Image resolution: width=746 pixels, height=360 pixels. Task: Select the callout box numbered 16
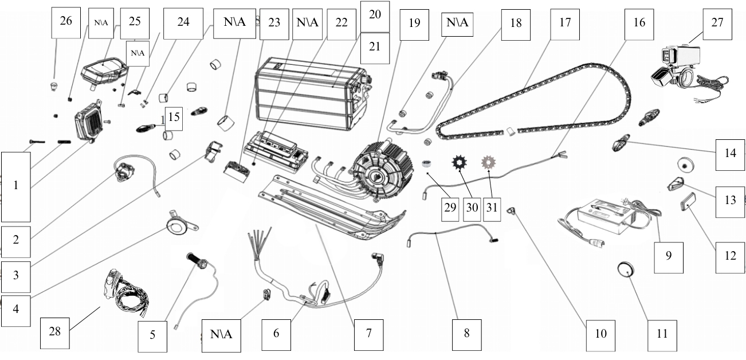point(639,24)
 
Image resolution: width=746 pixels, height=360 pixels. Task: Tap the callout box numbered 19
point(414,24)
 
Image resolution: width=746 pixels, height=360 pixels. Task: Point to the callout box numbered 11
point(662,334)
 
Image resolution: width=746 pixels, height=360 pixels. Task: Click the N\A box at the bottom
point(221,334)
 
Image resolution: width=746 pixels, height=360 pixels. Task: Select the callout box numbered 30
point(472,207)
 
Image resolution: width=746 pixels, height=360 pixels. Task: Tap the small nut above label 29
point(426,164)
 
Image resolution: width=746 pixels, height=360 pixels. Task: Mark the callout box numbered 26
point(66,22)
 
